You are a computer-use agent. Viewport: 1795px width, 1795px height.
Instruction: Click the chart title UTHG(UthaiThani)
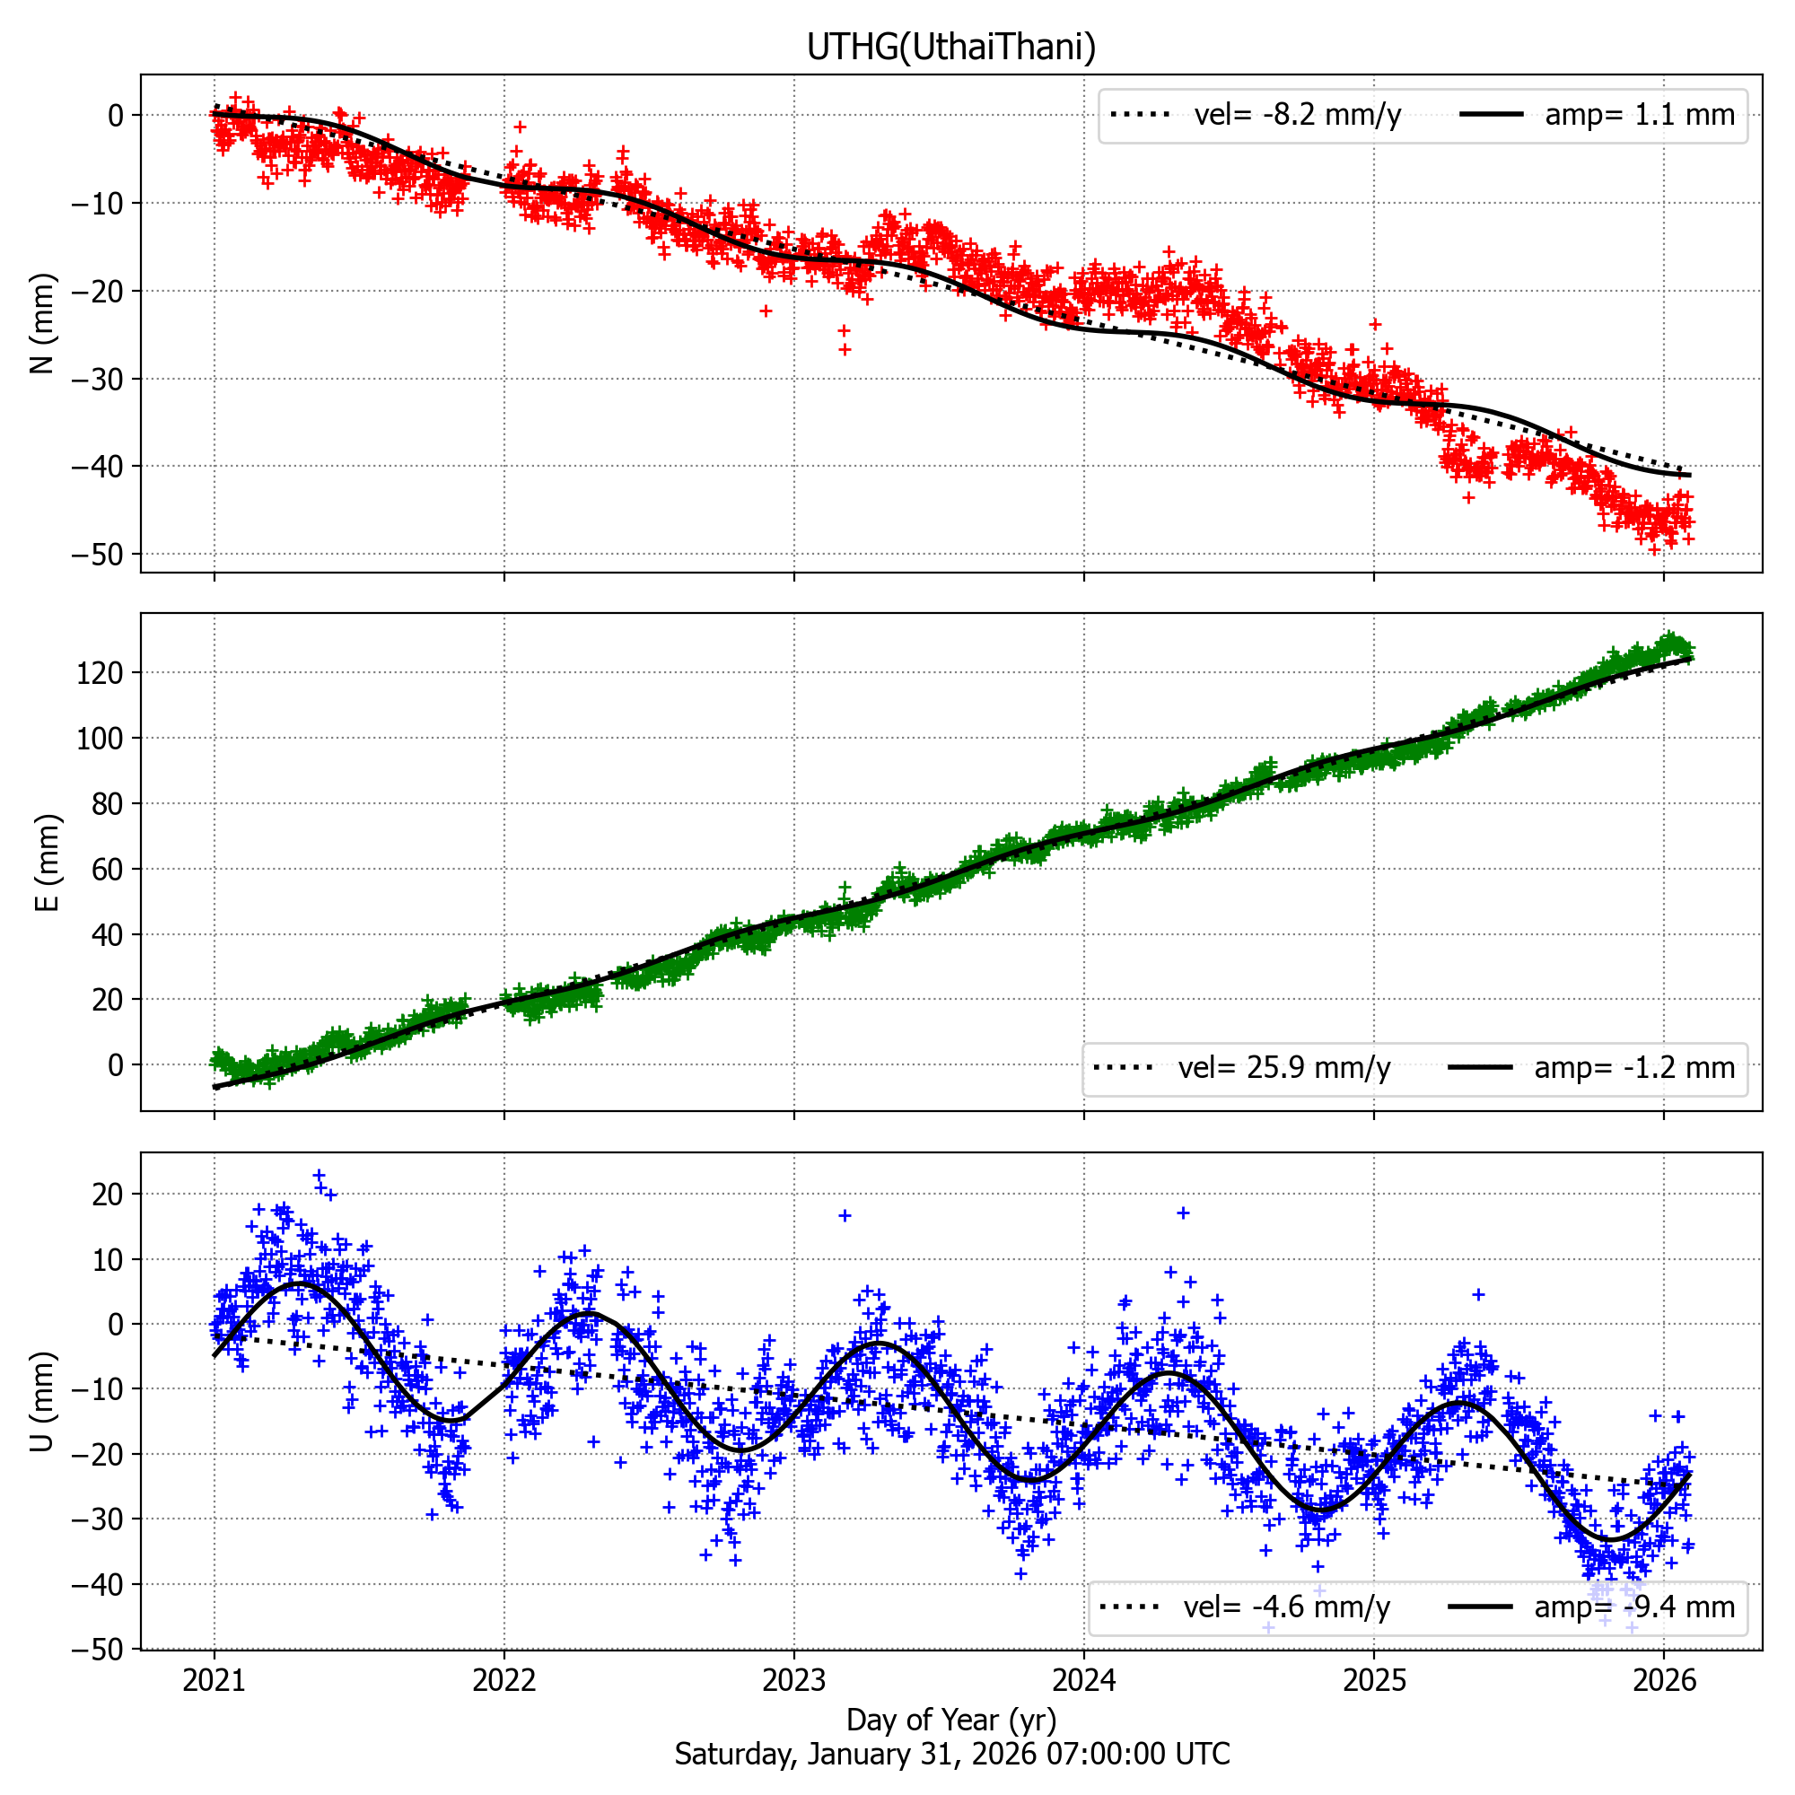tap(950, 47)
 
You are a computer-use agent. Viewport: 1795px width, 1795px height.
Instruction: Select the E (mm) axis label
tap(48, 862)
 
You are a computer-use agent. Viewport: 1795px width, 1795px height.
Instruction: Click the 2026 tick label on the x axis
tap(1664, 1679)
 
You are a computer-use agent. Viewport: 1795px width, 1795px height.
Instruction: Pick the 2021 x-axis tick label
tap(214, 1679)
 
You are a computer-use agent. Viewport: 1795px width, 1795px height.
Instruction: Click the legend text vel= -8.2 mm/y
tap(1297, 115)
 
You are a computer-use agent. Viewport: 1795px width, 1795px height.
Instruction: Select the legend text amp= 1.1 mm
tap(1640, 115)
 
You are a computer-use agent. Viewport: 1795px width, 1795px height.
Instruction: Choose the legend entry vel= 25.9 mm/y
tap(1284, 1067)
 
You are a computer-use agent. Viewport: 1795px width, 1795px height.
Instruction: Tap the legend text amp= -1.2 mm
tap(1634, 1067)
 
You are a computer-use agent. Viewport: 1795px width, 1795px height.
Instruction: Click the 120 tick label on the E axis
tap(100, 672)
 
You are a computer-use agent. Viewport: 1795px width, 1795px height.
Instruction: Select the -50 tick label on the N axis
tap(97, 555)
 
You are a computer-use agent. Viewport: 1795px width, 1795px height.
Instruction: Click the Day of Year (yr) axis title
tap(950, 1720)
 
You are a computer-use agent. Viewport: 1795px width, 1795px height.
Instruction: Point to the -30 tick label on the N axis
tap(97, 379)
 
